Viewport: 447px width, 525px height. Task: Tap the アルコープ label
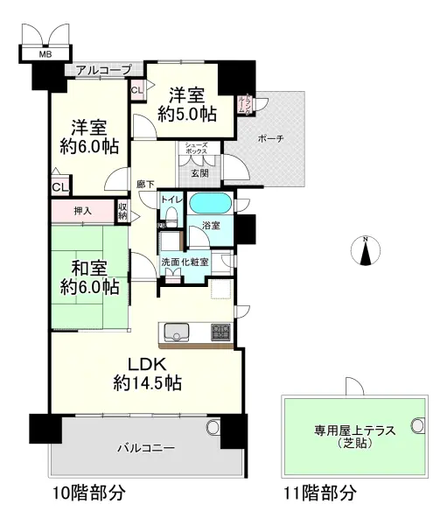pos(103,69)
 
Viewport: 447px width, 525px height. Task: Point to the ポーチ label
pos(271,138)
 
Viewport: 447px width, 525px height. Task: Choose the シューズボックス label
pos(194,150)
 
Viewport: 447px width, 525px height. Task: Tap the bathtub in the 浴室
pos(210,203)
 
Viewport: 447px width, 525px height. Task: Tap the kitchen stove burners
pos(221,332)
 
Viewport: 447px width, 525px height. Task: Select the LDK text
pos(147,363)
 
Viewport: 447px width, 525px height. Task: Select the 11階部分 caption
pos(320,493)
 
